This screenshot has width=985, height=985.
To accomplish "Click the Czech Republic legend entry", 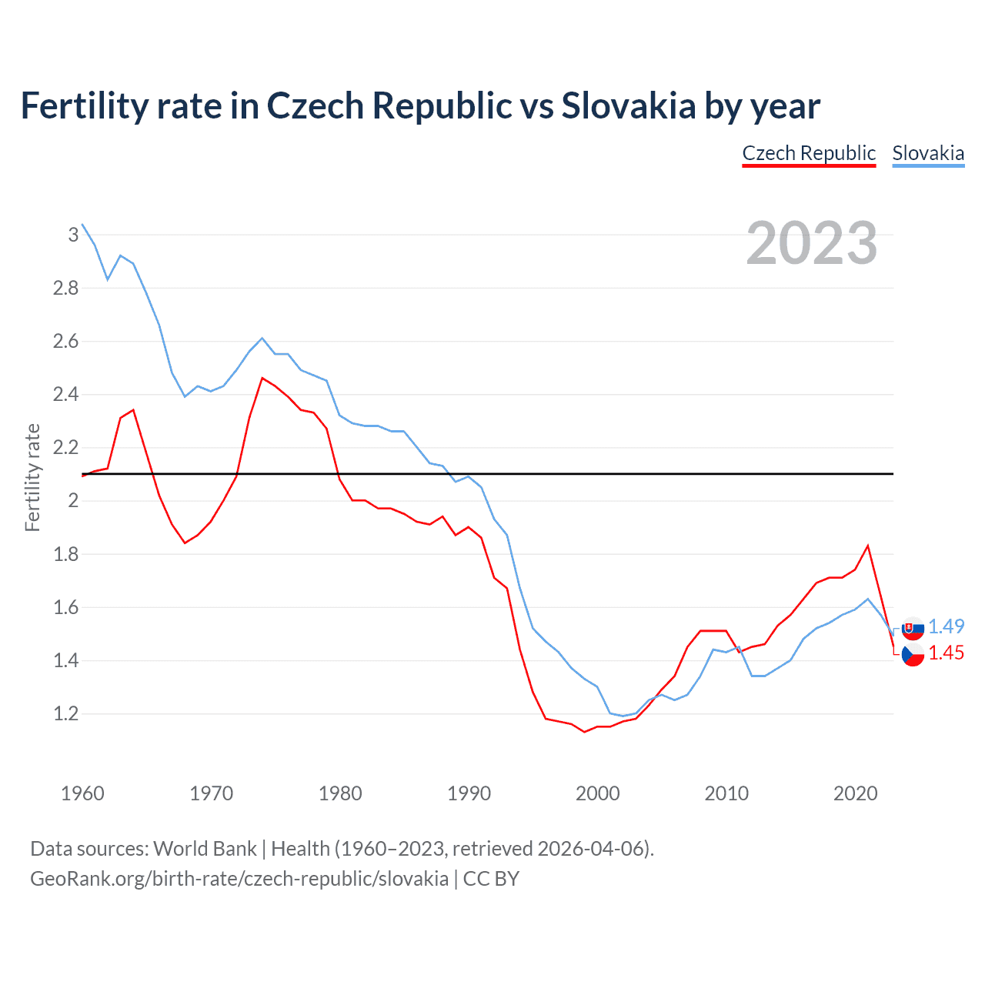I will [x=809, y=153].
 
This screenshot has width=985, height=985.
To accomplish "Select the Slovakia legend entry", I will [x=928, y=153].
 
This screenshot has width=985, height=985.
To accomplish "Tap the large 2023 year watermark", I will [x=812, y=243].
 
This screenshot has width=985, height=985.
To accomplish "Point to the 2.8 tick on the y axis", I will [x=66, y=288].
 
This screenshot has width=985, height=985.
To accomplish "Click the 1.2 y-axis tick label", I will [x=66, y=714].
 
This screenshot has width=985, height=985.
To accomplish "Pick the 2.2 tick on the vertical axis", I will [x=66, y=448].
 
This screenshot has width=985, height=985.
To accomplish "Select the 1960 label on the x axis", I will [x=82, y=793].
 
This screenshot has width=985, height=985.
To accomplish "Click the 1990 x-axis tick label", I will [x=469, y=793].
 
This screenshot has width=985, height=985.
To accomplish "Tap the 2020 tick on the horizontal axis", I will [x=855, y=793].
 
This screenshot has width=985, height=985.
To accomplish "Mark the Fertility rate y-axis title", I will [x=32, y=477].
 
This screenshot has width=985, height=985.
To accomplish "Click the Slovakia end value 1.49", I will [x=947, y=626].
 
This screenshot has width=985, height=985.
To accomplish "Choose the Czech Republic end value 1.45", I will [x=947, y=653].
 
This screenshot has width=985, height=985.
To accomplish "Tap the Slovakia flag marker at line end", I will [x=913, y=628].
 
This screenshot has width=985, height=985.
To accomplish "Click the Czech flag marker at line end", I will [x=913, y=655].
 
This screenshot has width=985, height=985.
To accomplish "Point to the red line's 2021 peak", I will [x=868, y=546].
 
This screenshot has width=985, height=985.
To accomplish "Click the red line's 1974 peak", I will [x=262, y=378].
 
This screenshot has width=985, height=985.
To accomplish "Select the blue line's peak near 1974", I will [x=262, y=338].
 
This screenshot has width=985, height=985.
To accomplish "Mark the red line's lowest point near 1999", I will [x=585, y=732].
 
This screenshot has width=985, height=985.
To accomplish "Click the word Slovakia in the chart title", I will [x=629, y=106].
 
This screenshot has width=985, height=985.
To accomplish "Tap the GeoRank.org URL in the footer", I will [x=239, y=878].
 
